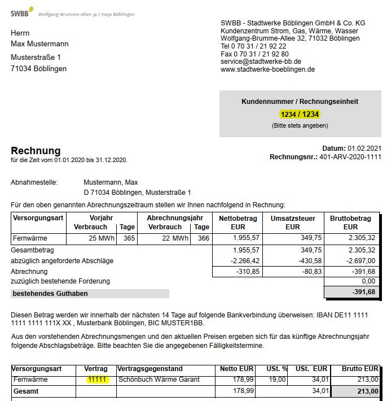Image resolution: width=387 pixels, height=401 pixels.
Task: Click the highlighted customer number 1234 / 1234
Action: [300, 114]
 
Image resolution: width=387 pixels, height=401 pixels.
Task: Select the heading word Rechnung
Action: [36, 151]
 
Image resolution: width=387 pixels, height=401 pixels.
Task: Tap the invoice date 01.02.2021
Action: [364, 148]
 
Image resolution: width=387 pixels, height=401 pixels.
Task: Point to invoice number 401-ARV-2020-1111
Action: [350, 157]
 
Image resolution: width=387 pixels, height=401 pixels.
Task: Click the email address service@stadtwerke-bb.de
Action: [261, 62]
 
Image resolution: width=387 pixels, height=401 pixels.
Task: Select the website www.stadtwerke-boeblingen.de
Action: [267, 69]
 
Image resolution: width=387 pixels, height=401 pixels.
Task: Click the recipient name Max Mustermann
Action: [39, 43]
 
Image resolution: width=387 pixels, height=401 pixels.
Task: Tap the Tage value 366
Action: [203, 238]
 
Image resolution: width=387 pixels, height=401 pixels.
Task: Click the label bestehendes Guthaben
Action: [50, 294]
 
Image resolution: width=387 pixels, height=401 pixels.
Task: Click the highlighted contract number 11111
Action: [97, 380]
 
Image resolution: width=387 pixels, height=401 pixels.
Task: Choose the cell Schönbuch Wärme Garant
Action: [159, 380]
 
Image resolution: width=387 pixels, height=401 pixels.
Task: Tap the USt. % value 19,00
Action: [277, 380]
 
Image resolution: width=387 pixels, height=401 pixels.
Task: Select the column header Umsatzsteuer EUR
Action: [293, 223]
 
